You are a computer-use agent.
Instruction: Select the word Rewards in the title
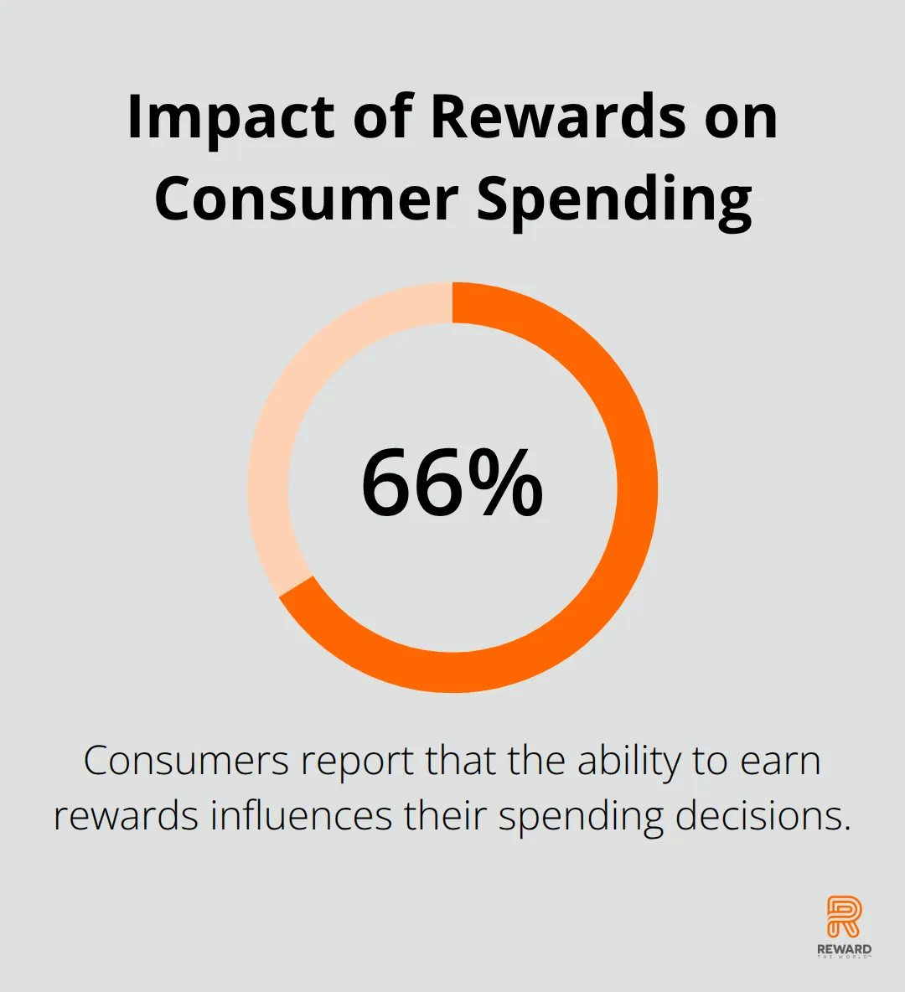(559, 116)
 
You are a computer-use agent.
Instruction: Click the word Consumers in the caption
(186, 761)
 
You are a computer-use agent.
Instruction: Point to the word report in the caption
(358, 763)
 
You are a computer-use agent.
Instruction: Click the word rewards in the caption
(126, 817)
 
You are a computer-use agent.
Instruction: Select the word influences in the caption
(301, 815)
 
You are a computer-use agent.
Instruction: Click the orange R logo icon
(844, 917)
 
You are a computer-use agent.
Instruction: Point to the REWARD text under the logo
(844, 949)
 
